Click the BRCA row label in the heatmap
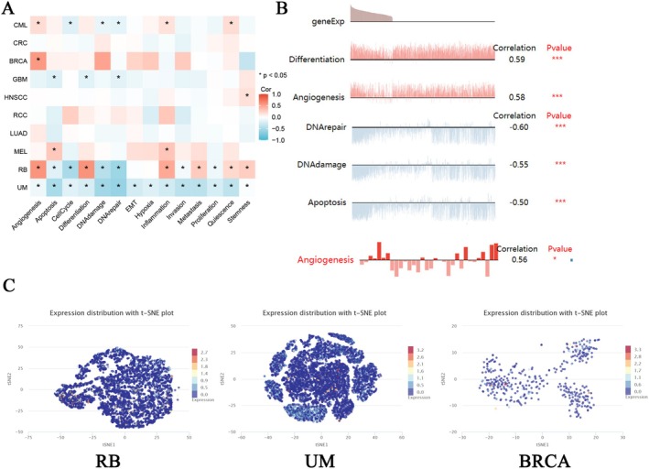pyautogui.click(x=16, y=60)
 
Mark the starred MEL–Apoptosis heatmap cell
pyautogui.click(x=54, y=149)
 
